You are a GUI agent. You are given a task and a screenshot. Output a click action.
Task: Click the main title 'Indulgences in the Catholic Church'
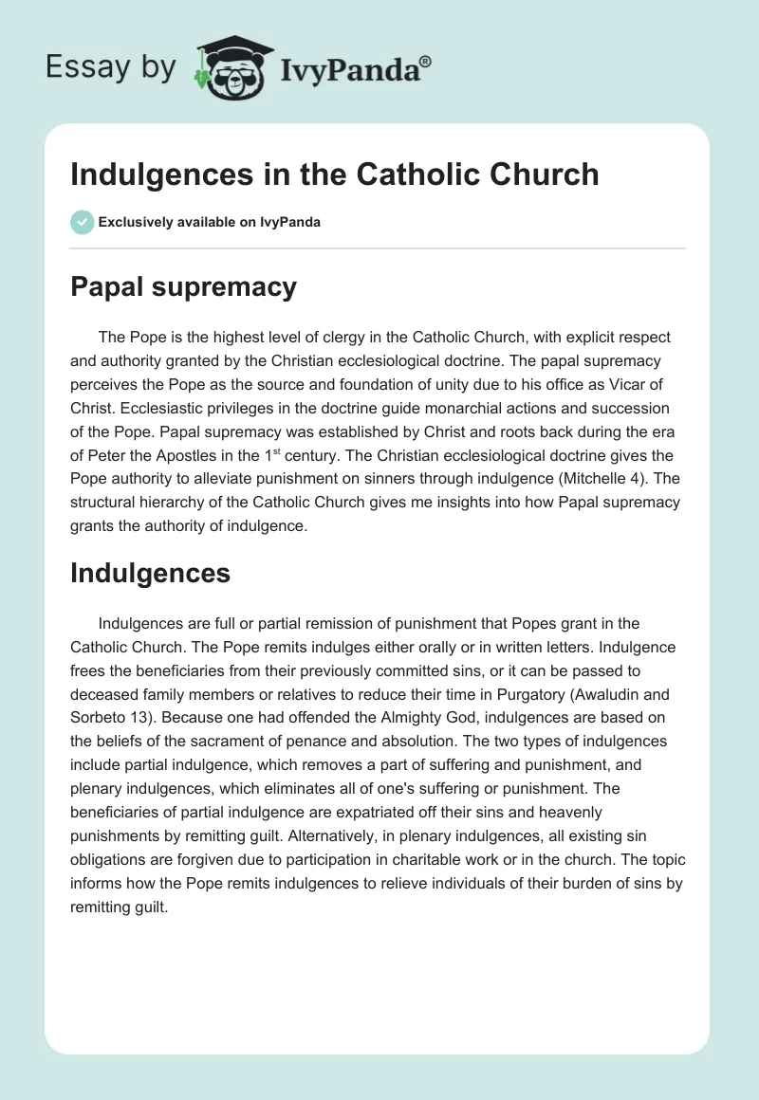click(x=334, y=174)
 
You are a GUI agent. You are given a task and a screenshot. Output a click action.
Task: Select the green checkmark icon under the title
click(x=82, y=222)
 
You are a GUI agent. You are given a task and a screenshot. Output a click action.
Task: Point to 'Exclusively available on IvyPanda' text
click(x=209, y=222)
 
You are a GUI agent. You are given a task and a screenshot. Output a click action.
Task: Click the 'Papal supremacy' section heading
click(x=183, y=287)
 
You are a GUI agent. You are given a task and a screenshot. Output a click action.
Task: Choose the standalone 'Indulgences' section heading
click(x=150, y=572)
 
